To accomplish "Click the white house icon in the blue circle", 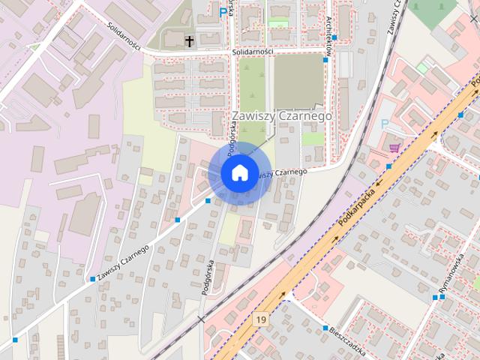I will (x=238, y=172).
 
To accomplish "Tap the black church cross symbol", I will (x=190, y=40).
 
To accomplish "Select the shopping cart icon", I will (x=394, y=148).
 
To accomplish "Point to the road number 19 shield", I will (x=260, y=319).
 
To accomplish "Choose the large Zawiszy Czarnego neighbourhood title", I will (x=281, y=116).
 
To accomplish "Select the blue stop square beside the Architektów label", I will (x=334, y=37).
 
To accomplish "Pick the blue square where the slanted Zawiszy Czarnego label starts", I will (x=92, y=279).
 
